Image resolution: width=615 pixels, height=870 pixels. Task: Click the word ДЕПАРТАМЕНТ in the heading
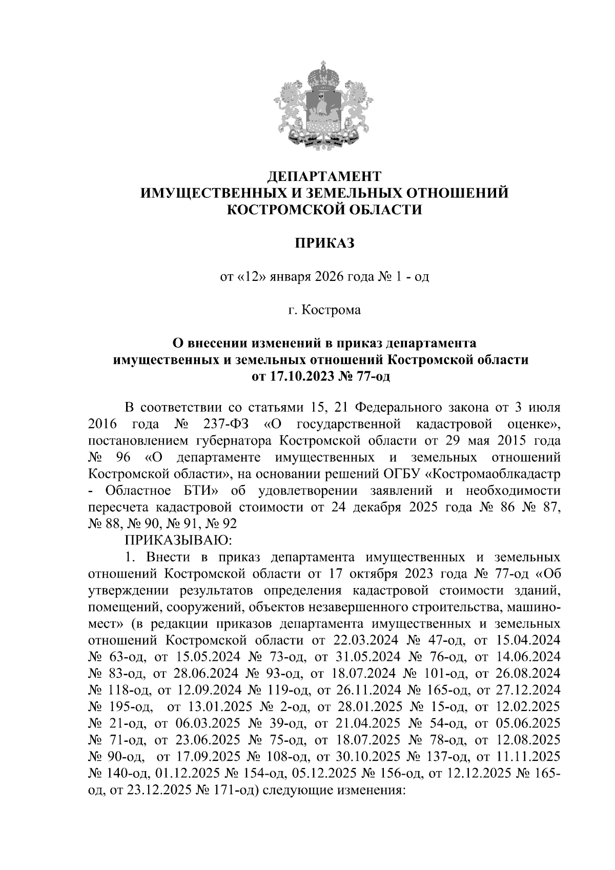tap(324, 176)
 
